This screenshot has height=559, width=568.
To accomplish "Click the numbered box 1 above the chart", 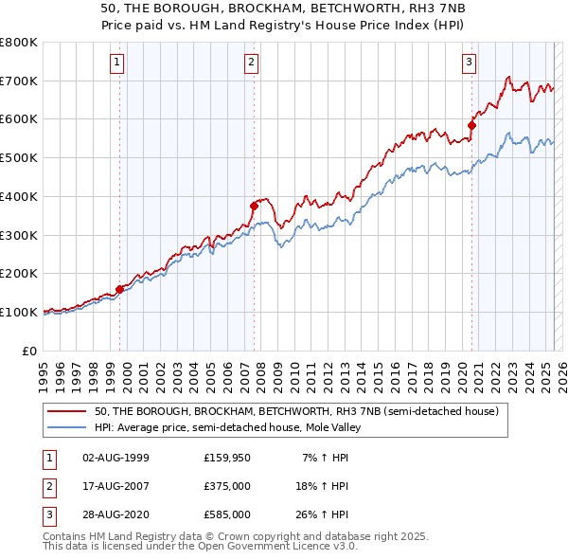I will (x=116, y=63).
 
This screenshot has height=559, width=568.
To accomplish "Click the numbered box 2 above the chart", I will (x=252, y=63).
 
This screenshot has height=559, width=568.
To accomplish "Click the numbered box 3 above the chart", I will (x=469, y=63).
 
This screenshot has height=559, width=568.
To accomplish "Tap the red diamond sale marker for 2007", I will (x=254, y=206).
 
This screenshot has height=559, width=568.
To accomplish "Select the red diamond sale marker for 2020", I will (x=471, y=124).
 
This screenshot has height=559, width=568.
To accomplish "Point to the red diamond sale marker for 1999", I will (x=120, y=289).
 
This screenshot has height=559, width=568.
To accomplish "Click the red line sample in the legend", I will (x=66, y=412).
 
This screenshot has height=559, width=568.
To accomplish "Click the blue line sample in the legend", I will (x=66, y=427).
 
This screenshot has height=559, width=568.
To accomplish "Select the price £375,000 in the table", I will (x=226, y=486).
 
